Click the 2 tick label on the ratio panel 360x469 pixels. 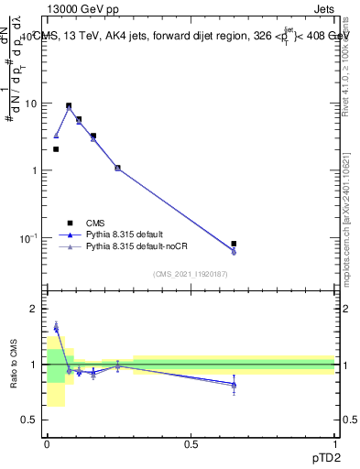[35, 309]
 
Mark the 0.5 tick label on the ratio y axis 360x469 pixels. [31, 420]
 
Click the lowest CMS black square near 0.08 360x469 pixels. [234, 244]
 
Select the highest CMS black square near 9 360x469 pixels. [69, 106]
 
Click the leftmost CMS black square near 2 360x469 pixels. [56, 149]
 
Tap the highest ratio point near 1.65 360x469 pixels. [56, 327]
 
